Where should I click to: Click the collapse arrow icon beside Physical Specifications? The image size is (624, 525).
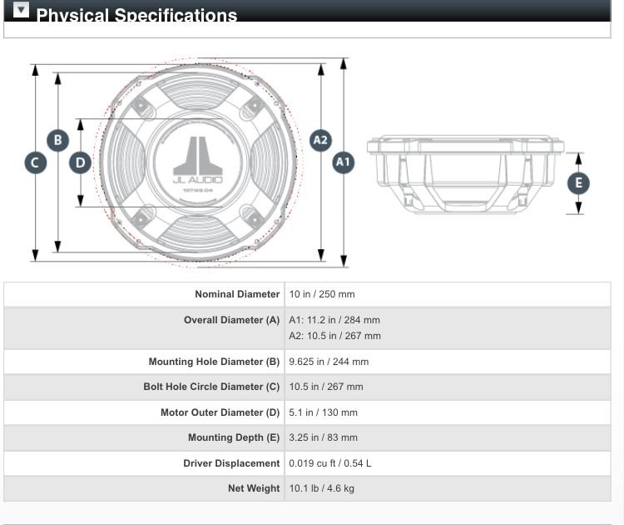point(22,11)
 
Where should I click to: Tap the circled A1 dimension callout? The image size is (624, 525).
point(343,162)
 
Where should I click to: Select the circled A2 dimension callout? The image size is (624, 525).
point(320,140)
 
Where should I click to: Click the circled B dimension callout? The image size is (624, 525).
point(57,140)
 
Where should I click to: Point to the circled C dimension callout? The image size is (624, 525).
point(35,162)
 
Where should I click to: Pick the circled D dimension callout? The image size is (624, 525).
point(80,162)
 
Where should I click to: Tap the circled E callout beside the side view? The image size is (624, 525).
point(578,183)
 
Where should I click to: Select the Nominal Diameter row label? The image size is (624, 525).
point(237,294)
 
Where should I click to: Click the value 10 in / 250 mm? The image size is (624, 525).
point(322,294)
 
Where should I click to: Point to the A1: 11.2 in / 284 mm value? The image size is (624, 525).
point(334,320)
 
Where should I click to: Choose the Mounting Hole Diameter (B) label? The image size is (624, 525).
point(214,362)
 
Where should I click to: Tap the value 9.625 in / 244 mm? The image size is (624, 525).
point(329,362)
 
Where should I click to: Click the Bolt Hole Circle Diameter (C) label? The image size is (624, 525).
point(211,387)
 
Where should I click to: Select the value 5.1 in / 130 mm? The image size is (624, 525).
point(323,412)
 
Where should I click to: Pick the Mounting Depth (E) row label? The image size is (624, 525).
point(234,437)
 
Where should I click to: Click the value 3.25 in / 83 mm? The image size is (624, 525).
point(323,437)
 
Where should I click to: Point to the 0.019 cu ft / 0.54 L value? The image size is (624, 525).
point(330,463)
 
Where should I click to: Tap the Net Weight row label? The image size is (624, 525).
point(254,488)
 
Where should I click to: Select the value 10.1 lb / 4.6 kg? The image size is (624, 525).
point(321,488)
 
